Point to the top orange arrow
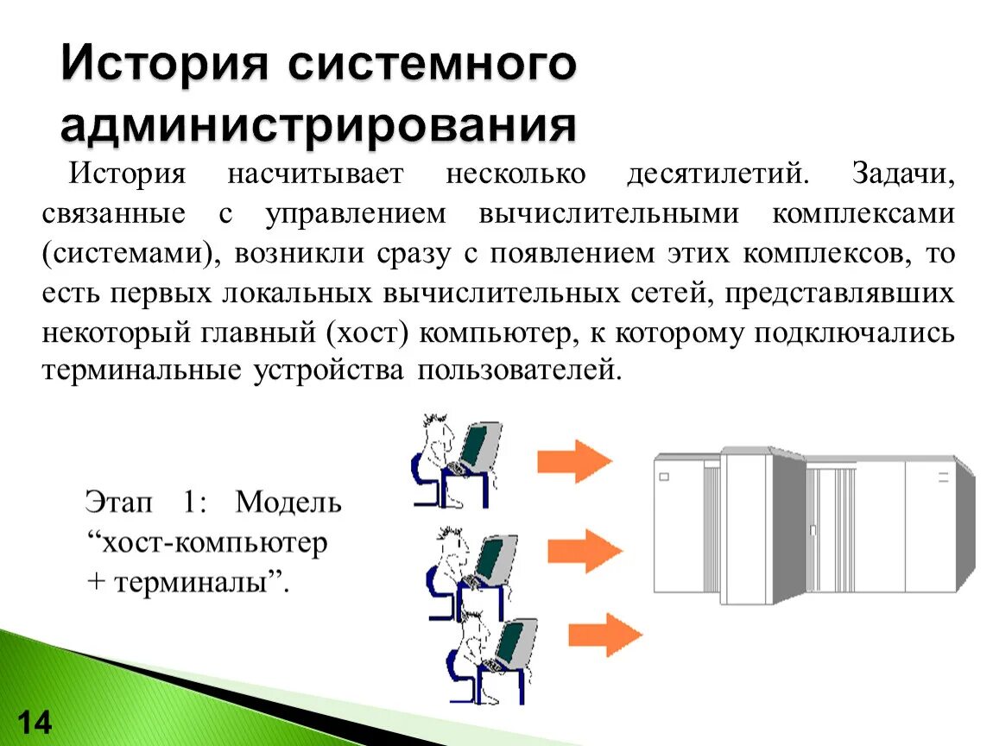pos(574,461)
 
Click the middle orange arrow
pos(585,550)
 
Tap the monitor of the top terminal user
pos(480,444)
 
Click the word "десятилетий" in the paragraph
pos(718,174)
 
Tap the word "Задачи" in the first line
pos(903,174)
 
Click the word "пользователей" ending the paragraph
pos(520,371)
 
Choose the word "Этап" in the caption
pos(117,502)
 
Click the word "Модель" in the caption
pos(288,502)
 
